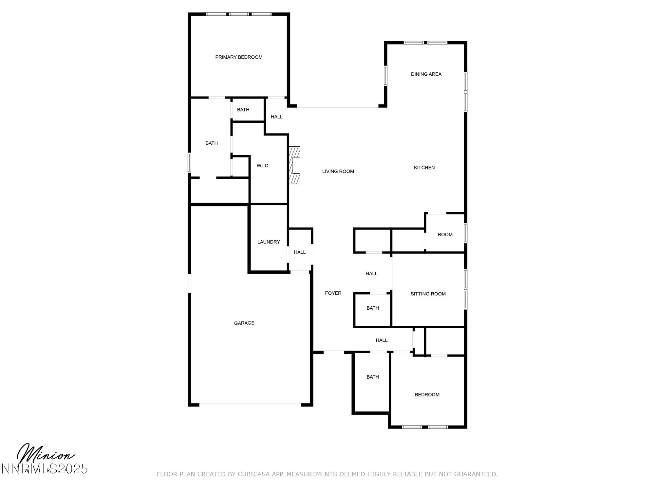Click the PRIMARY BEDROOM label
(x=239, y=57)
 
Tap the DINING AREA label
(x=426, y=74)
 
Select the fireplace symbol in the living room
(x=295, y=165)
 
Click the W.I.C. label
(x=263, y=166)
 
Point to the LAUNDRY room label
(x=269, y=242)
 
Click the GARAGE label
(x=244, y=323)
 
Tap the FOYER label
(x=333, y=293)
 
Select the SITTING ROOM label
(x=428, y=294)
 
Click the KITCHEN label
(x=424, y=168)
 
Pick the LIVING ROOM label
(x=338, y=172)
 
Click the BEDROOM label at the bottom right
(x=427, y=395)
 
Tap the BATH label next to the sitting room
(x=373, y=308)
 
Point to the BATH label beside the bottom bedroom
(x=373, y=377)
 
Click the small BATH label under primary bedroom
(x=243, y=110)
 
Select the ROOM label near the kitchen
(x=445, y=235)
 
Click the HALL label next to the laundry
(x=300, y=252)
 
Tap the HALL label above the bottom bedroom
(x=382, y=340)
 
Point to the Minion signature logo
(x=46, y=457)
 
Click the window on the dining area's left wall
(x=385, y=76)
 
